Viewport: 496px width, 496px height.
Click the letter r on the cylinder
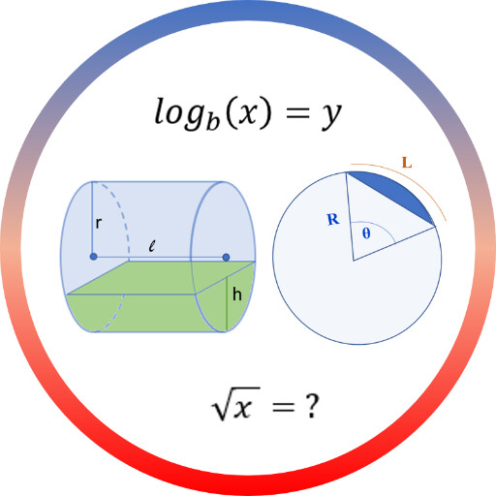tap(99, 223)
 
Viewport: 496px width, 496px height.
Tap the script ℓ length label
tap(152, 246)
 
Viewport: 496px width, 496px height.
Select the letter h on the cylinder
tap(237, 294)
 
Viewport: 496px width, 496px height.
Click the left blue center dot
tap(94, 257)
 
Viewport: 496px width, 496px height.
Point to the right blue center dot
tap(226, 258)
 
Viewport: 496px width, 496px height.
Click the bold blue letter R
tap(333, 219)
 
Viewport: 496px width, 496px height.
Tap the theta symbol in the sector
tap(366, 232)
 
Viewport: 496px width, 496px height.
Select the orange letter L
tap(407, 163)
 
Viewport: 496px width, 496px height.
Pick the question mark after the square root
tap(311, 406)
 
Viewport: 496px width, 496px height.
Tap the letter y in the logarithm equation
tap(331, 114)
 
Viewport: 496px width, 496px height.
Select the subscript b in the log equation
tap(212, 120)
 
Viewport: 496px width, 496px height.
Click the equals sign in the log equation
tap(297, 113)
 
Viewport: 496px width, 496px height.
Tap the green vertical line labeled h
tap(227, 304)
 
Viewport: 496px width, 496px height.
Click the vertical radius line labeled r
tap(92, 219)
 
